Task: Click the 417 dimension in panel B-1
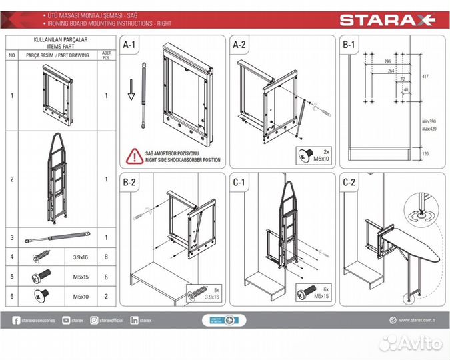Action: pos(425,77)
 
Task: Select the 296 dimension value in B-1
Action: pos(387,61)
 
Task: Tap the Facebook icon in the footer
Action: pos(16,321)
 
